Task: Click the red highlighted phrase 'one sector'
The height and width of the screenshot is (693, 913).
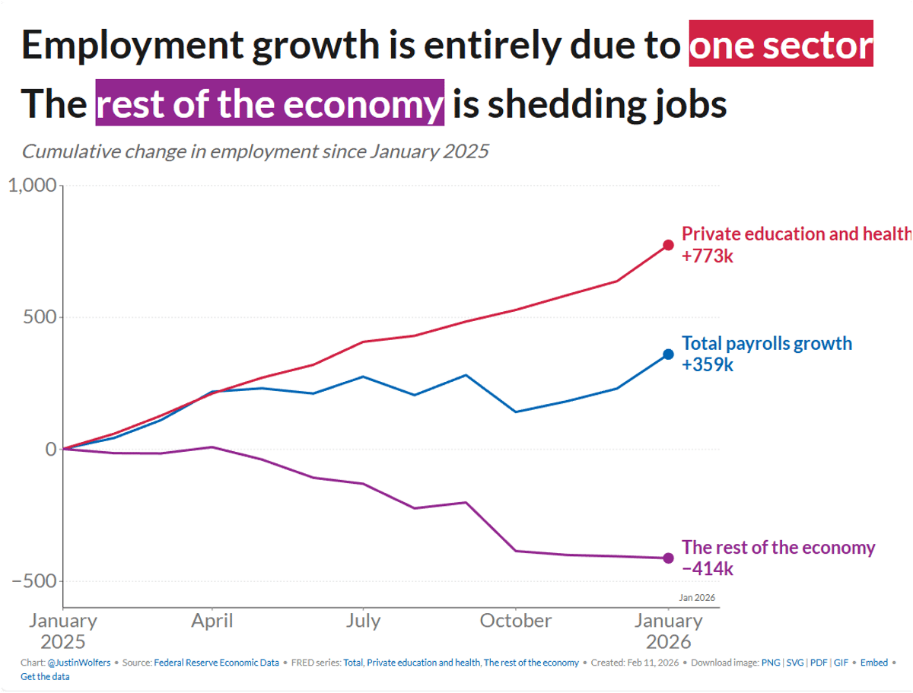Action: coord(781,45)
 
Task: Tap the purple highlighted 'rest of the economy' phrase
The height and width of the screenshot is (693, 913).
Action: coord(269,103)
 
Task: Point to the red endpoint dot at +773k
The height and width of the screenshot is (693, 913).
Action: coord(668,245)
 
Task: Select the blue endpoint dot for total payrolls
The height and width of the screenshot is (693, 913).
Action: coord(668,354)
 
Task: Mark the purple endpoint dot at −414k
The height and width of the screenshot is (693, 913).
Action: coord(668,558)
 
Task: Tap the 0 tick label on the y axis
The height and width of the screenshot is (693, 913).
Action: coord(50,449)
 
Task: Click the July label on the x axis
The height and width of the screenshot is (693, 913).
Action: coord(363,621)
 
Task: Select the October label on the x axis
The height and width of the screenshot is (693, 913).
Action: coord(516,621)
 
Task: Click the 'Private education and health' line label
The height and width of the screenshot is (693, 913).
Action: coord(796,234)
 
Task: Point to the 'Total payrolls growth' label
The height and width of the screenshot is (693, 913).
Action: coord(767,343)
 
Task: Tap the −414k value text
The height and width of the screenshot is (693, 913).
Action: coord(708,569)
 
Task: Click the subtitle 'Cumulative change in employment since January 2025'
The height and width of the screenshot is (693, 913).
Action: coord(255,151)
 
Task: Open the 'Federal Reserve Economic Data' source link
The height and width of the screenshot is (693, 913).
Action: coord(216,663)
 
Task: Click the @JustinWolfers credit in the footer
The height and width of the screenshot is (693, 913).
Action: coord(79,663)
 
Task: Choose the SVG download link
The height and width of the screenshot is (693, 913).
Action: coord(800,663)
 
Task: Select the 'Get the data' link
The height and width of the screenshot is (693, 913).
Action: coord(45,676)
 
